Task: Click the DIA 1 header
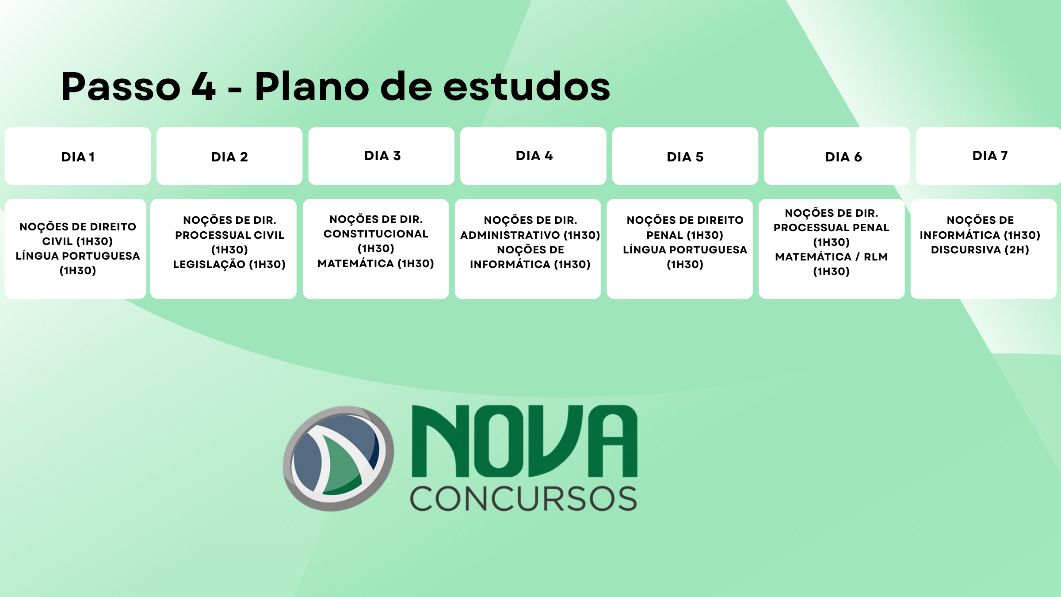point(78,157)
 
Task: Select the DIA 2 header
point(229,157)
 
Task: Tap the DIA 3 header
point(382,156)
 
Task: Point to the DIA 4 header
point(534,156)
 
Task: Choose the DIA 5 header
point(685,157)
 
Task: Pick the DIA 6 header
point(843,157)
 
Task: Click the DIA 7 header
point(990,156)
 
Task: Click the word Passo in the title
point(121,86)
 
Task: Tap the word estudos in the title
point(527,86)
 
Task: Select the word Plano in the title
point(312,86)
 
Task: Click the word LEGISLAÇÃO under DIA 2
point(209,264)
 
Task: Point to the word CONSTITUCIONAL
point(376,234)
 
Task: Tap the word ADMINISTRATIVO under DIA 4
point(510,235)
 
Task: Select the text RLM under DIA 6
point(876,257)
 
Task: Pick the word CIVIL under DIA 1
point(57,241)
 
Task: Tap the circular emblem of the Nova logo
point(339,459)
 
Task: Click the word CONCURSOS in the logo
point(523,499)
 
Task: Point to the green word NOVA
point(524,441)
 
